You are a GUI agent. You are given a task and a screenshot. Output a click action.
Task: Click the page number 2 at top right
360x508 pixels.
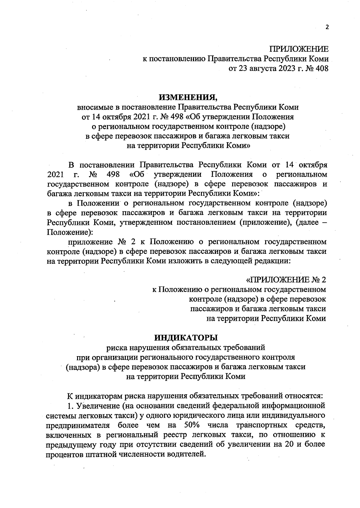(x=327, y=27)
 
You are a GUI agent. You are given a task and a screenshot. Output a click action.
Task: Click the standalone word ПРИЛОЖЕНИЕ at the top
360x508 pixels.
(x=299, y=49)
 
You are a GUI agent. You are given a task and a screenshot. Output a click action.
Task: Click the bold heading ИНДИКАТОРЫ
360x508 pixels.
(x=186, y=338)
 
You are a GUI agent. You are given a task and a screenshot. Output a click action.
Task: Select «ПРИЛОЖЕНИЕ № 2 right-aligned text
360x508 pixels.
(x=286, y=280)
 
